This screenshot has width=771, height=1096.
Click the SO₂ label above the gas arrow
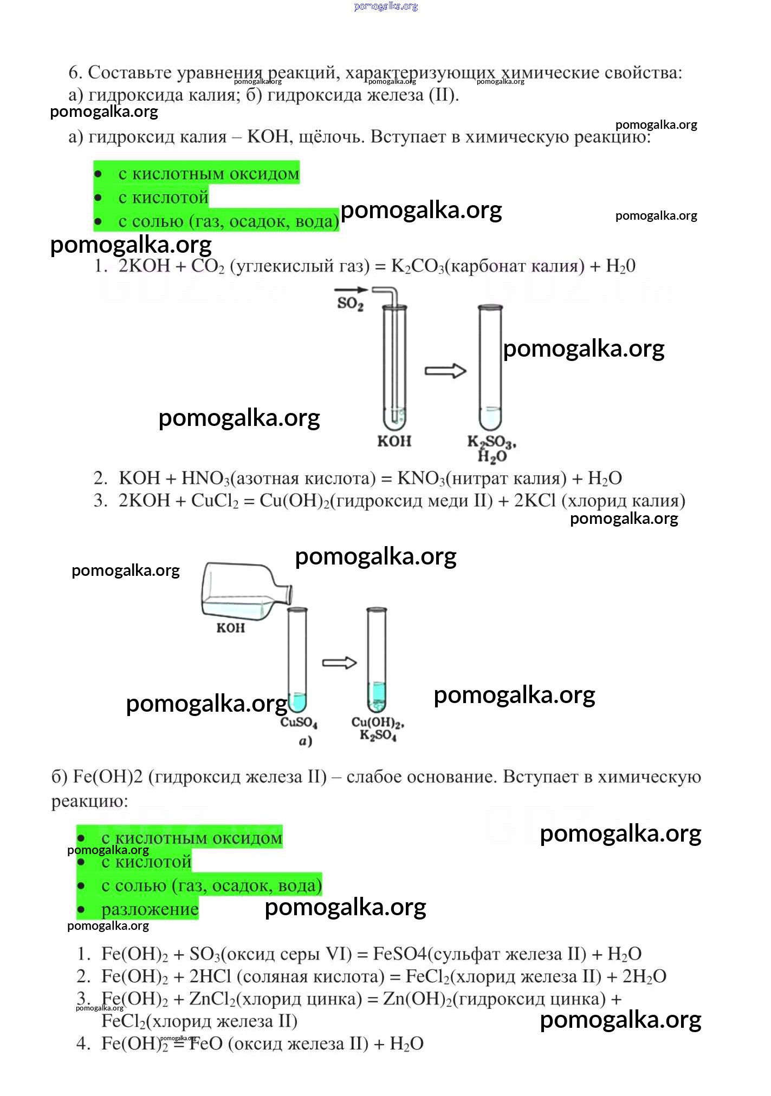pos(350,303)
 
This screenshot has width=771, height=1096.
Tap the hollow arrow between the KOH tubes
pos(445,371)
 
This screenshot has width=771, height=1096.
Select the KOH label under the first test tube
pos(394,441)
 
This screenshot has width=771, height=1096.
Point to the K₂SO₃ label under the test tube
pos(491,443)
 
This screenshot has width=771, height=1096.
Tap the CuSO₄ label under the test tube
pos(299,723)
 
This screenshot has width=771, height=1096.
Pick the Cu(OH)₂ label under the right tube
pos(378,723)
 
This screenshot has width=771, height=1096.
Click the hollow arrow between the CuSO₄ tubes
pos(340,663)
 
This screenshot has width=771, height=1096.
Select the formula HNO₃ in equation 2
pos(205,478)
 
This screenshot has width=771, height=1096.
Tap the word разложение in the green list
pos(150,909)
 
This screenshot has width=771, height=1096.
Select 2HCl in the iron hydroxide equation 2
pos(210,976)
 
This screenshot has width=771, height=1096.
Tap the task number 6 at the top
pos(75,73)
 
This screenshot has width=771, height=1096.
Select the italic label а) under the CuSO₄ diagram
pos(306,741)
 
